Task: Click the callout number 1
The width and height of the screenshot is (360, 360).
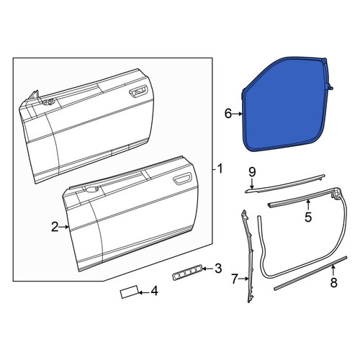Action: [219, 169]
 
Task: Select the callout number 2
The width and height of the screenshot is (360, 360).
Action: [55, 227]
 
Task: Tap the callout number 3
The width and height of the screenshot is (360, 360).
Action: [218, 269]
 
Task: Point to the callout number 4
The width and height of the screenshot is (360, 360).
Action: [154, 291]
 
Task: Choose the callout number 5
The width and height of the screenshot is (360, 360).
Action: [308, 217]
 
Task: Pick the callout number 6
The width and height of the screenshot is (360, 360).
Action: [228, 113]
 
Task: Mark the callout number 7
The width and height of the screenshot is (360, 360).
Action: [235, 279]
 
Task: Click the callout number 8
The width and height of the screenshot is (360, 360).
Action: [333, 282]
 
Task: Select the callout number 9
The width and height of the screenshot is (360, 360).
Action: [252, 172]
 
